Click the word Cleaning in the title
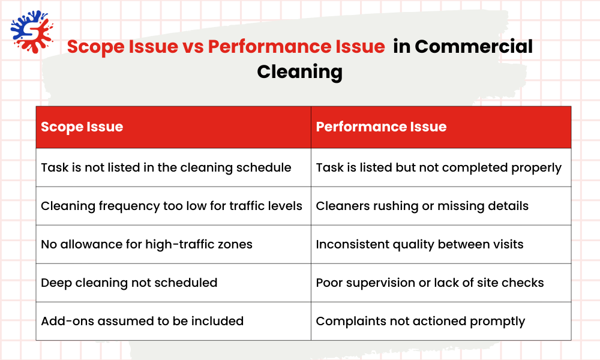pyautogui.click(x=299, y=71)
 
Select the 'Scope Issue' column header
pyautogui.click(x=82, y=127)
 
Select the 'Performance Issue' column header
pyautogui.click(x=381, y=127)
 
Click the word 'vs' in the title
pyautogui.click(x=193, y=46)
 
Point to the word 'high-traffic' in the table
pyautogui.click(x=183, y=244)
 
